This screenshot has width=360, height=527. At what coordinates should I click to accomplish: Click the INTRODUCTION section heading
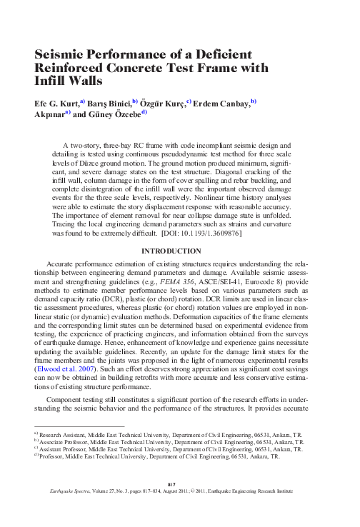tap(179, 251)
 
